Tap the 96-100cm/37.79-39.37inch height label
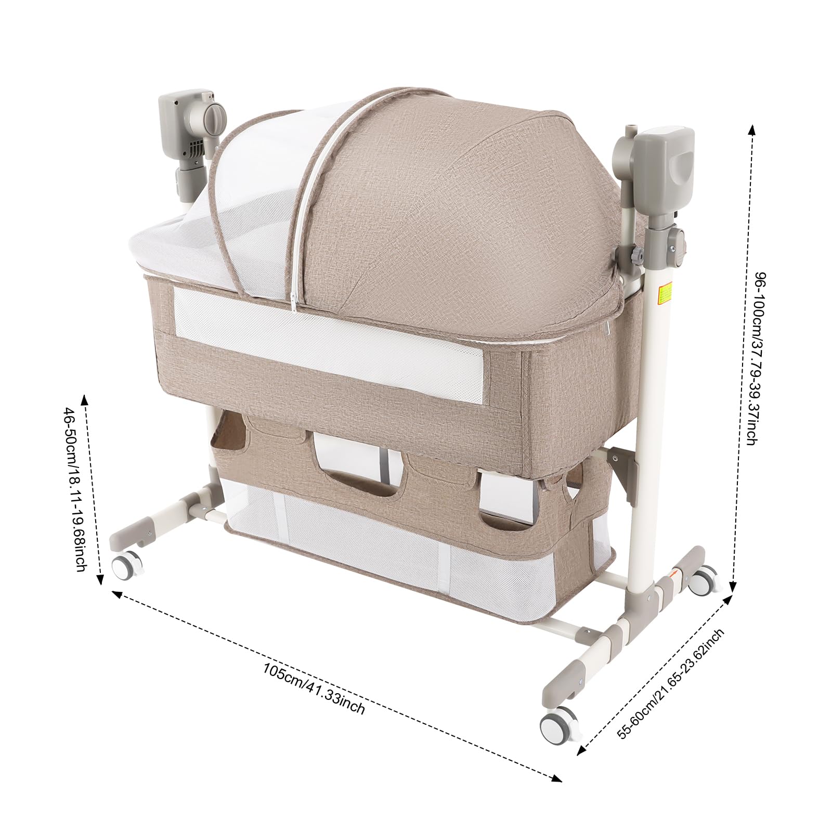(x=756, y=359)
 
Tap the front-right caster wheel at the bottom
(x=558, y=724)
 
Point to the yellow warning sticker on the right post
(x=664, y=293)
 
